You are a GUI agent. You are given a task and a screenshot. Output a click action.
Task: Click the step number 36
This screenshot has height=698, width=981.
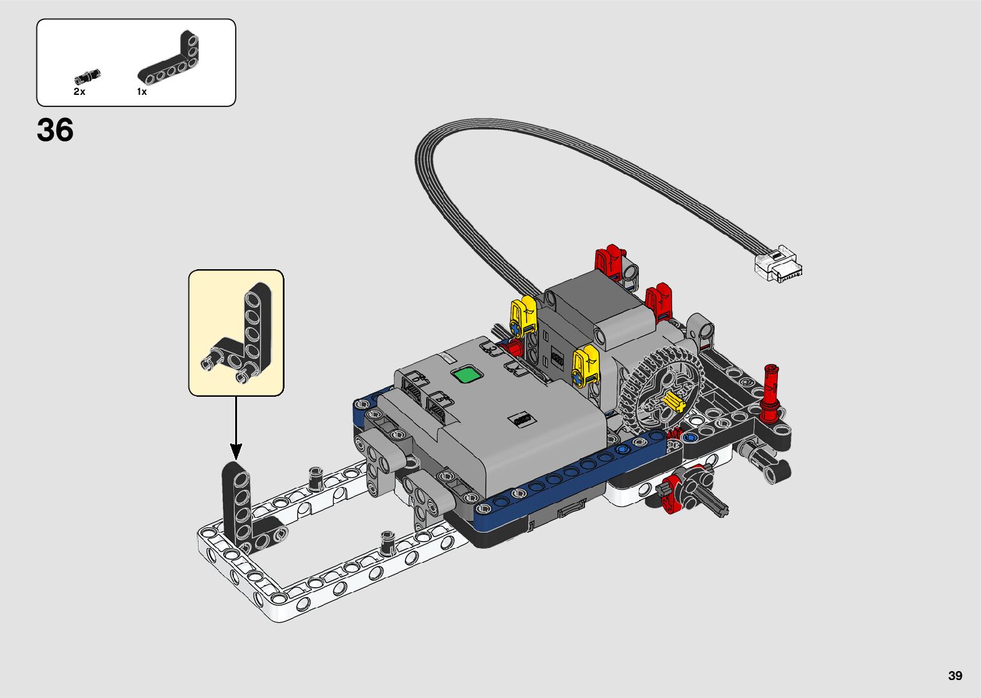click(x=55, y=130)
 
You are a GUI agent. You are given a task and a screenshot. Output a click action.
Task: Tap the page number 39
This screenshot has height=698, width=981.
click(x=955, y=675)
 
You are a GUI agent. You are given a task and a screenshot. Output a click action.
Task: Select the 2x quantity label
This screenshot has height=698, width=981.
click(x=79, y=92)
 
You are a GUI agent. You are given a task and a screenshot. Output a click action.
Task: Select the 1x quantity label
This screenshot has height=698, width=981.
click(x=142, y=92)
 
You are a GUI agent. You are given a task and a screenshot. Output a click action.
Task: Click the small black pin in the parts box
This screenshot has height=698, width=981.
click(x=88, y=76)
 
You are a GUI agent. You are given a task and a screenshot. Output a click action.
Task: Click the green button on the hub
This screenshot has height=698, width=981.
click(x=467, y=376)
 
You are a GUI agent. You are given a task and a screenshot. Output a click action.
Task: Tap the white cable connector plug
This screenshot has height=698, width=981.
click(x=779, y=265)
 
